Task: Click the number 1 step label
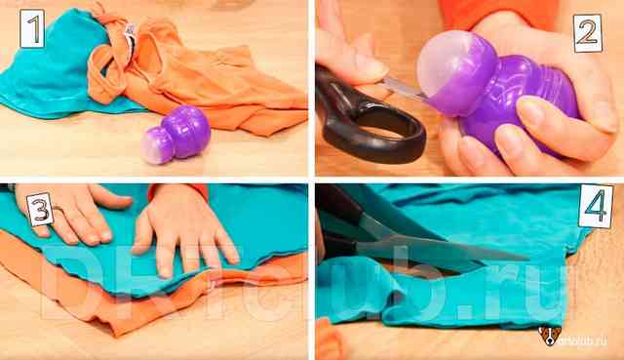pyautogui.click(x=32, y=28)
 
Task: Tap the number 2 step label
pyautogui.click(x=588, y=33)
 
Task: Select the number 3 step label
pyautogui.click(x=41, y=210)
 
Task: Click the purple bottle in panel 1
pyautogui.click(x=175, y=135)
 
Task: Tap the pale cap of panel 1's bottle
pyautogui.click(x=154, y=145)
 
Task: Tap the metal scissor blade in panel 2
pyautogui.click(x=403, y=89)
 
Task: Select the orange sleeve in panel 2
pyautogui.click(x=497, y=12)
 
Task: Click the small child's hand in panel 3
pyautogui.click(x=184, y=230)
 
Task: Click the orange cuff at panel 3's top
pyautogui.click(x=178, y=191)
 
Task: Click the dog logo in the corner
pyautogui.click(x=550, y=337)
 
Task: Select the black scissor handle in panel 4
pyautogui.click(x=338, y=223)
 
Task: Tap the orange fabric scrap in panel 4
pyautogui.click(x=330, y=340)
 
